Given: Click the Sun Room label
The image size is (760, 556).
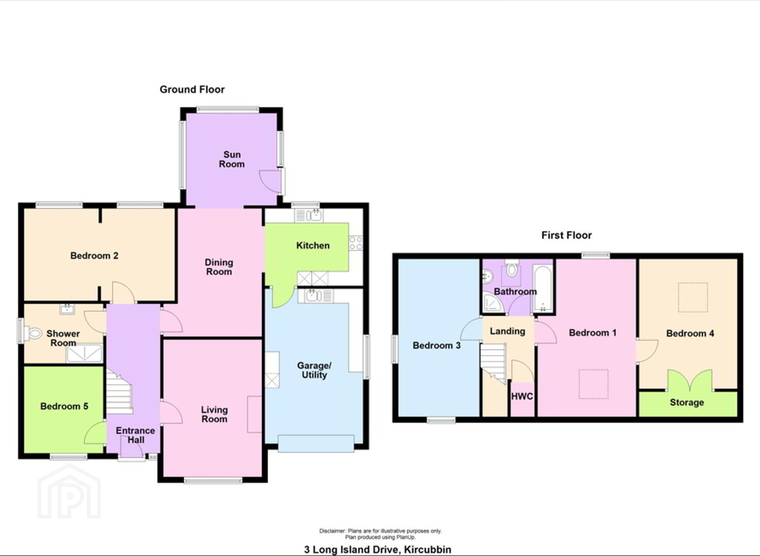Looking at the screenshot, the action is pos(232,159).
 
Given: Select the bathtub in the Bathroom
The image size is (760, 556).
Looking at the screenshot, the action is pos(543,288).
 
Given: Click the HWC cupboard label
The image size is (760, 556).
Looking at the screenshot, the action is pos(522,396).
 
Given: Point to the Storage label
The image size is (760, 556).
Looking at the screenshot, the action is pos(687,403).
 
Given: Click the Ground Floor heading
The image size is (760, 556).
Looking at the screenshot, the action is pos(192,90).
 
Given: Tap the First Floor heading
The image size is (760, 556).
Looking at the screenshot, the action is pos(567,235).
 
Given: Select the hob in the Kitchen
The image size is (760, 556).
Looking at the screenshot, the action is pos(356,243).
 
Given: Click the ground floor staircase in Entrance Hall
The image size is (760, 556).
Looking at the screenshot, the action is pos(119,391).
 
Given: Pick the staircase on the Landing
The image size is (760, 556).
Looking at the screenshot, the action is pos(493,363).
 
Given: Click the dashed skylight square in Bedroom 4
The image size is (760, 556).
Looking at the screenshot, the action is pos(693,298).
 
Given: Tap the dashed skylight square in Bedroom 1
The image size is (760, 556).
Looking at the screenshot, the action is pos(593,384).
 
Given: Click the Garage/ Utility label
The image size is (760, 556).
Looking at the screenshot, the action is pos(314,370).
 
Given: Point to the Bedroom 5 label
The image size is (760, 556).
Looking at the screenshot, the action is pos(64,406).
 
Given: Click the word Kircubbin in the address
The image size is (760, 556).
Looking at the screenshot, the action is pos(428,549).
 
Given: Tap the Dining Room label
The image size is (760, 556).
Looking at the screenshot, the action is pos(219,267).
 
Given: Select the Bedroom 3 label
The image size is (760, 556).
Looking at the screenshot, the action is pos(437,345).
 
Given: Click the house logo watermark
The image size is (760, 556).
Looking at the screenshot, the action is pos(69,492).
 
